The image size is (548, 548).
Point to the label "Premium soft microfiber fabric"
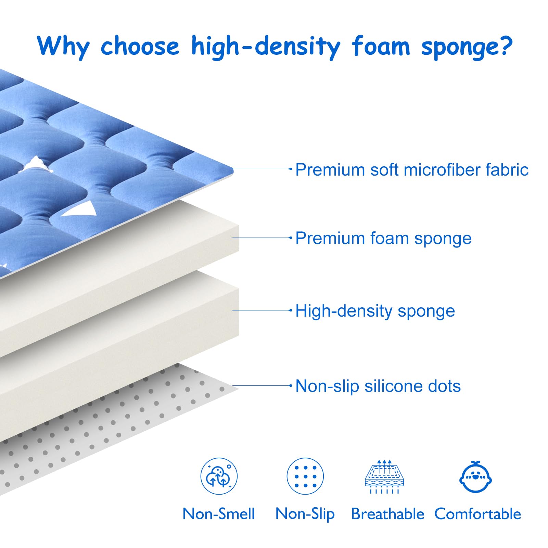tap(412, 170)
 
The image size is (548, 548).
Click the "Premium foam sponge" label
tap(383, 239)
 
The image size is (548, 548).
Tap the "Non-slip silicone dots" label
tap(378, 386)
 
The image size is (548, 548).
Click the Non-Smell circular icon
tap(219, 476)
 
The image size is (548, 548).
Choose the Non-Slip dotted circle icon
tap(305, 476)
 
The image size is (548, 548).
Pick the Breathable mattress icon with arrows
tap(384, 476)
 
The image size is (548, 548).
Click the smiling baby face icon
tap(475, 477)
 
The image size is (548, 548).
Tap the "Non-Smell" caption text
tap(219, 514)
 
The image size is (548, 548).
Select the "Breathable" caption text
tap(387, 514)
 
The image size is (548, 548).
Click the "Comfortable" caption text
tap(478, 514)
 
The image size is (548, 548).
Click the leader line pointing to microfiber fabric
tap(262, 169)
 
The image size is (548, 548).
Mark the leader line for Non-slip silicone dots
tap(262, 385)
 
